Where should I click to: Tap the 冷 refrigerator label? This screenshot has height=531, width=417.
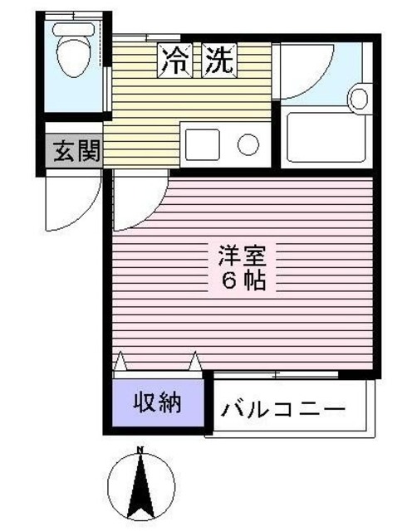click(175, 60)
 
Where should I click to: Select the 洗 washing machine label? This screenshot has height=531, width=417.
click(220, 60)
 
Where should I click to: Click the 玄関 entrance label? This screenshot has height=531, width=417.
click(76, 152)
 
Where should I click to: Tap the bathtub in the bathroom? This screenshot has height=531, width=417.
click(326, 137)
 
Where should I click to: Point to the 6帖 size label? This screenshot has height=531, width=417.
click(243, 280)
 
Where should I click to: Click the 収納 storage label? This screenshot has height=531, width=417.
click(158, 403)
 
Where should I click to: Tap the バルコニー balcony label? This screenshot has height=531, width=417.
click(282, 410)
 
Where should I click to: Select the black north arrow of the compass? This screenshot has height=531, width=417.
click(141, 490)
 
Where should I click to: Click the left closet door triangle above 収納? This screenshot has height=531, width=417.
click(120, 362)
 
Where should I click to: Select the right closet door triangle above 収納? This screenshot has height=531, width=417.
click(196, 362)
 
